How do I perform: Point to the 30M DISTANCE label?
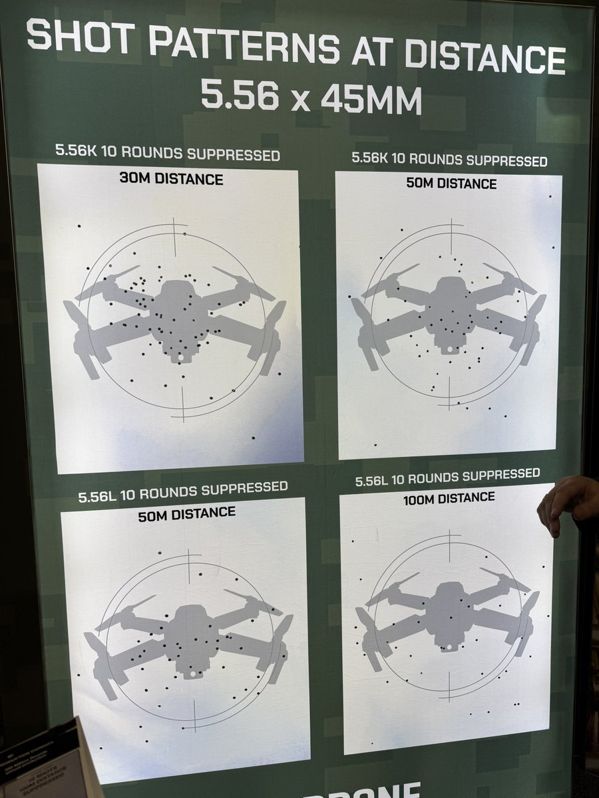pyautogui.click(x=172, y=179)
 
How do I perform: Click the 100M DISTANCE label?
pyautogui.click(x=450, y=498)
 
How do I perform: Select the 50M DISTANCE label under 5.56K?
pyautogui.click(x=451, y=183)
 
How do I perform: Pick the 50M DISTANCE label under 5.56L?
pyautogui.click(x=186, y=513)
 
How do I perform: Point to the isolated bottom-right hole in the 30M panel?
pyautogui.click(x=253, y=438)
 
